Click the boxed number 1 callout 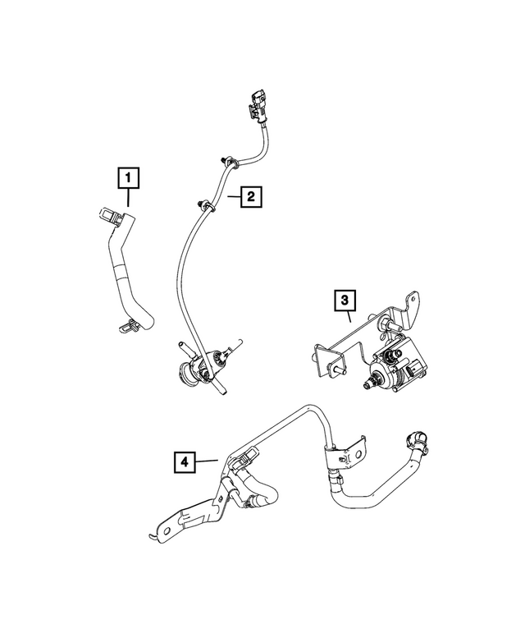pos(128,177)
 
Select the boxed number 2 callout pos(250,197)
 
